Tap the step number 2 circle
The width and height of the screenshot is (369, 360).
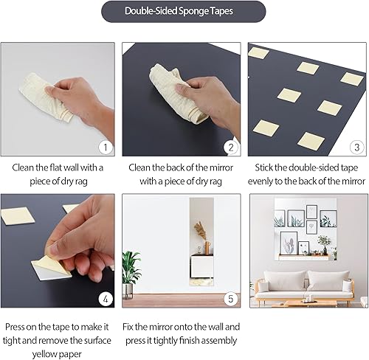(x=230, y=148)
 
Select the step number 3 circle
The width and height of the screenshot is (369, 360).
(x=355, y=148)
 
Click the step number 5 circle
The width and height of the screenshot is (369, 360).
(x=230, y=300)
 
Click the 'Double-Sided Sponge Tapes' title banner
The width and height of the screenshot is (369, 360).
(x=184, y=12)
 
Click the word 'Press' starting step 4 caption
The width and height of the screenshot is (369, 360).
(x=17, y=327)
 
